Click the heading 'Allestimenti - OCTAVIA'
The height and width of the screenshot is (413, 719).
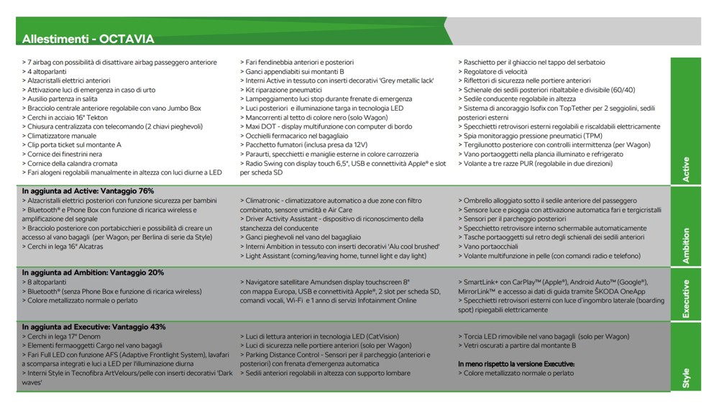coord(88,38)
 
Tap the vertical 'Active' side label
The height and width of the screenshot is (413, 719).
coord(685,170)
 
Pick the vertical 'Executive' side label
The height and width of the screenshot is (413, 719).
coord(685,298)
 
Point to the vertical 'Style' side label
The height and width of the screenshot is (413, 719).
coord(685,378)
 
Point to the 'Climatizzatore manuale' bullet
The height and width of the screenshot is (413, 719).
coord(61,136)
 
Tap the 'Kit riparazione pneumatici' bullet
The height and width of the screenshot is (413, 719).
coord(288,90)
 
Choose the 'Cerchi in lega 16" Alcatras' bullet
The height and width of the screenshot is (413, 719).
coord(65,246)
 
